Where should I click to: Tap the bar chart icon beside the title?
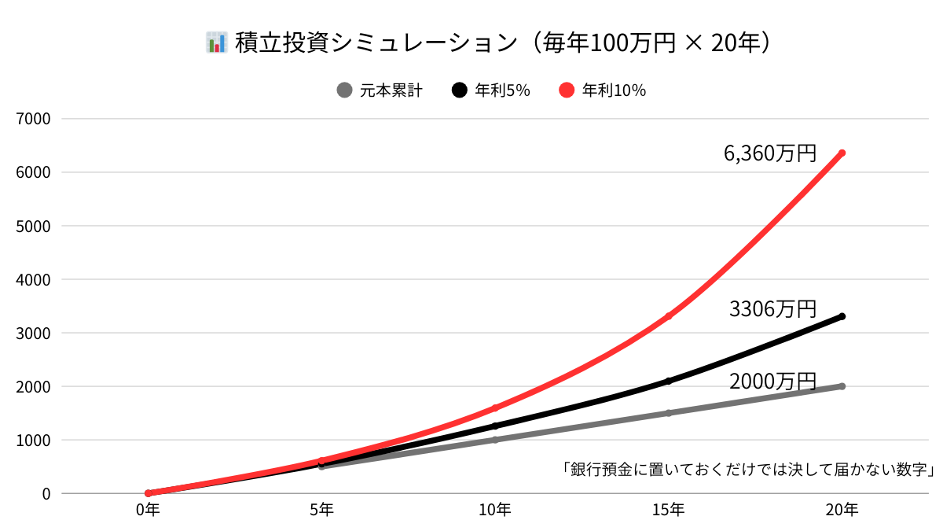point(215,42)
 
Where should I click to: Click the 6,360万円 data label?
point(770,153)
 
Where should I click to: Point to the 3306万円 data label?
point(773,309)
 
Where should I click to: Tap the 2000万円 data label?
point(773,382)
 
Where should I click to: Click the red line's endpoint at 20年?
point(842,153)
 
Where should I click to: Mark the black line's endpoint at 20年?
point(842,316)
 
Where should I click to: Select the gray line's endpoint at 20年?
point(842,386)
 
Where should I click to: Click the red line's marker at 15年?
point(668,316)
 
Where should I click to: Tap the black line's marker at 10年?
point(495,426)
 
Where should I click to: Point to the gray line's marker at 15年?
point(668,413)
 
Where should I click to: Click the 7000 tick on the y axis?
point(35,119)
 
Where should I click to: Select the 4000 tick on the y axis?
point(35,279)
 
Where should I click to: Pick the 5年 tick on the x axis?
point(321,511)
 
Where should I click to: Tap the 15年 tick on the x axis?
point(668,511)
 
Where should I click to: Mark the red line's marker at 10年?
point(495,407)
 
